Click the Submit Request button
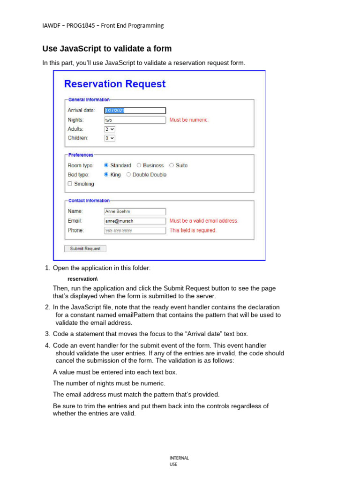85,248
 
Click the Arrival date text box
135,111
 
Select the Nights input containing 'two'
135,120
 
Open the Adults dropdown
110,129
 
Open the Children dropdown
110,138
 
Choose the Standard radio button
106,165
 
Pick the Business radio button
139,165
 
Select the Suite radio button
172,165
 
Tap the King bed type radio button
106,175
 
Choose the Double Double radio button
129,175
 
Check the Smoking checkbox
70,184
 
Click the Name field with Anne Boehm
135,211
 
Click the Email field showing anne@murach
135,221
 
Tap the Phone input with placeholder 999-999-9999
135,231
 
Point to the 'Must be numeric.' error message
189,120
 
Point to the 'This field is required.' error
193,231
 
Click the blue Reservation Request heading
115,84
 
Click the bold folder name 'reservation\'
82,279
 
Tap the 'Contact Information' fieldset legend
89,201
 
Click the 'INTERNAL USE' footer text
179,461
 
